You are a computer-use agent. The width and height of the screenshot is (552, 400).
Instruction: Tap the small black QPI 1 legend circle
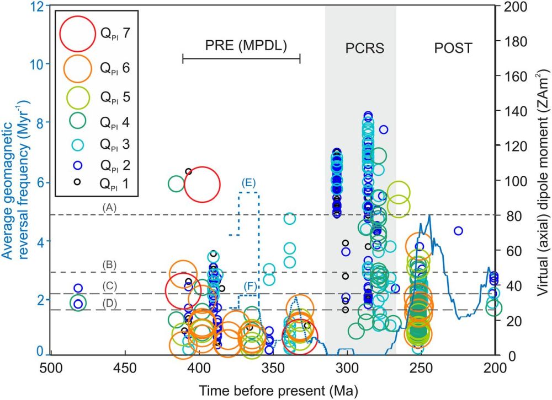click(78, 181)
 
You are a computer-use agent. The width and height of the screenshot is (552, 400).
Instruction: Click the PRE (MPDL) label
click(241, 47)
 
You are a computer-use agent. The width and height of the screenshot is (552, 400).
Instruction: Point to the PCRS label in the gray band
click(360, 48)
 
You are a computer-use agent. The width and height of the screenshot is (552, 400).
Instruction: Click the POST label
click(453, 48)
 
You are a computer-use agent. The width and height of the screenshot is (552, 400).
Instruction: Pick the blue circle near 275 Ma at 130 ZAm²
click(383, 129)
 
